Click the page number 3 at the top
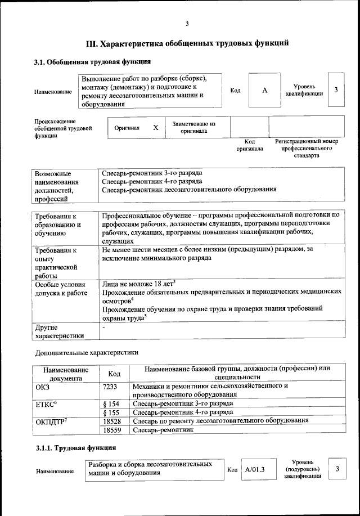187,24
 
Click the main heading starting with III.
187,43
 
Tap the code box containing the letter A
264,91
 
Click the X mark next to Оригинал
156,128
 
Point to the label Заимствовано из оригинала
193,127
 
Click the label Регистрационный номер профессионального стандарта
306,148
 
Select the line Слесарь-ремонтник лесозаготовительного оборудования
189,190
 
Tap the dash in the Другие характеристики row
103,327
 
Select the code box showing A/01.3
255,469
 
